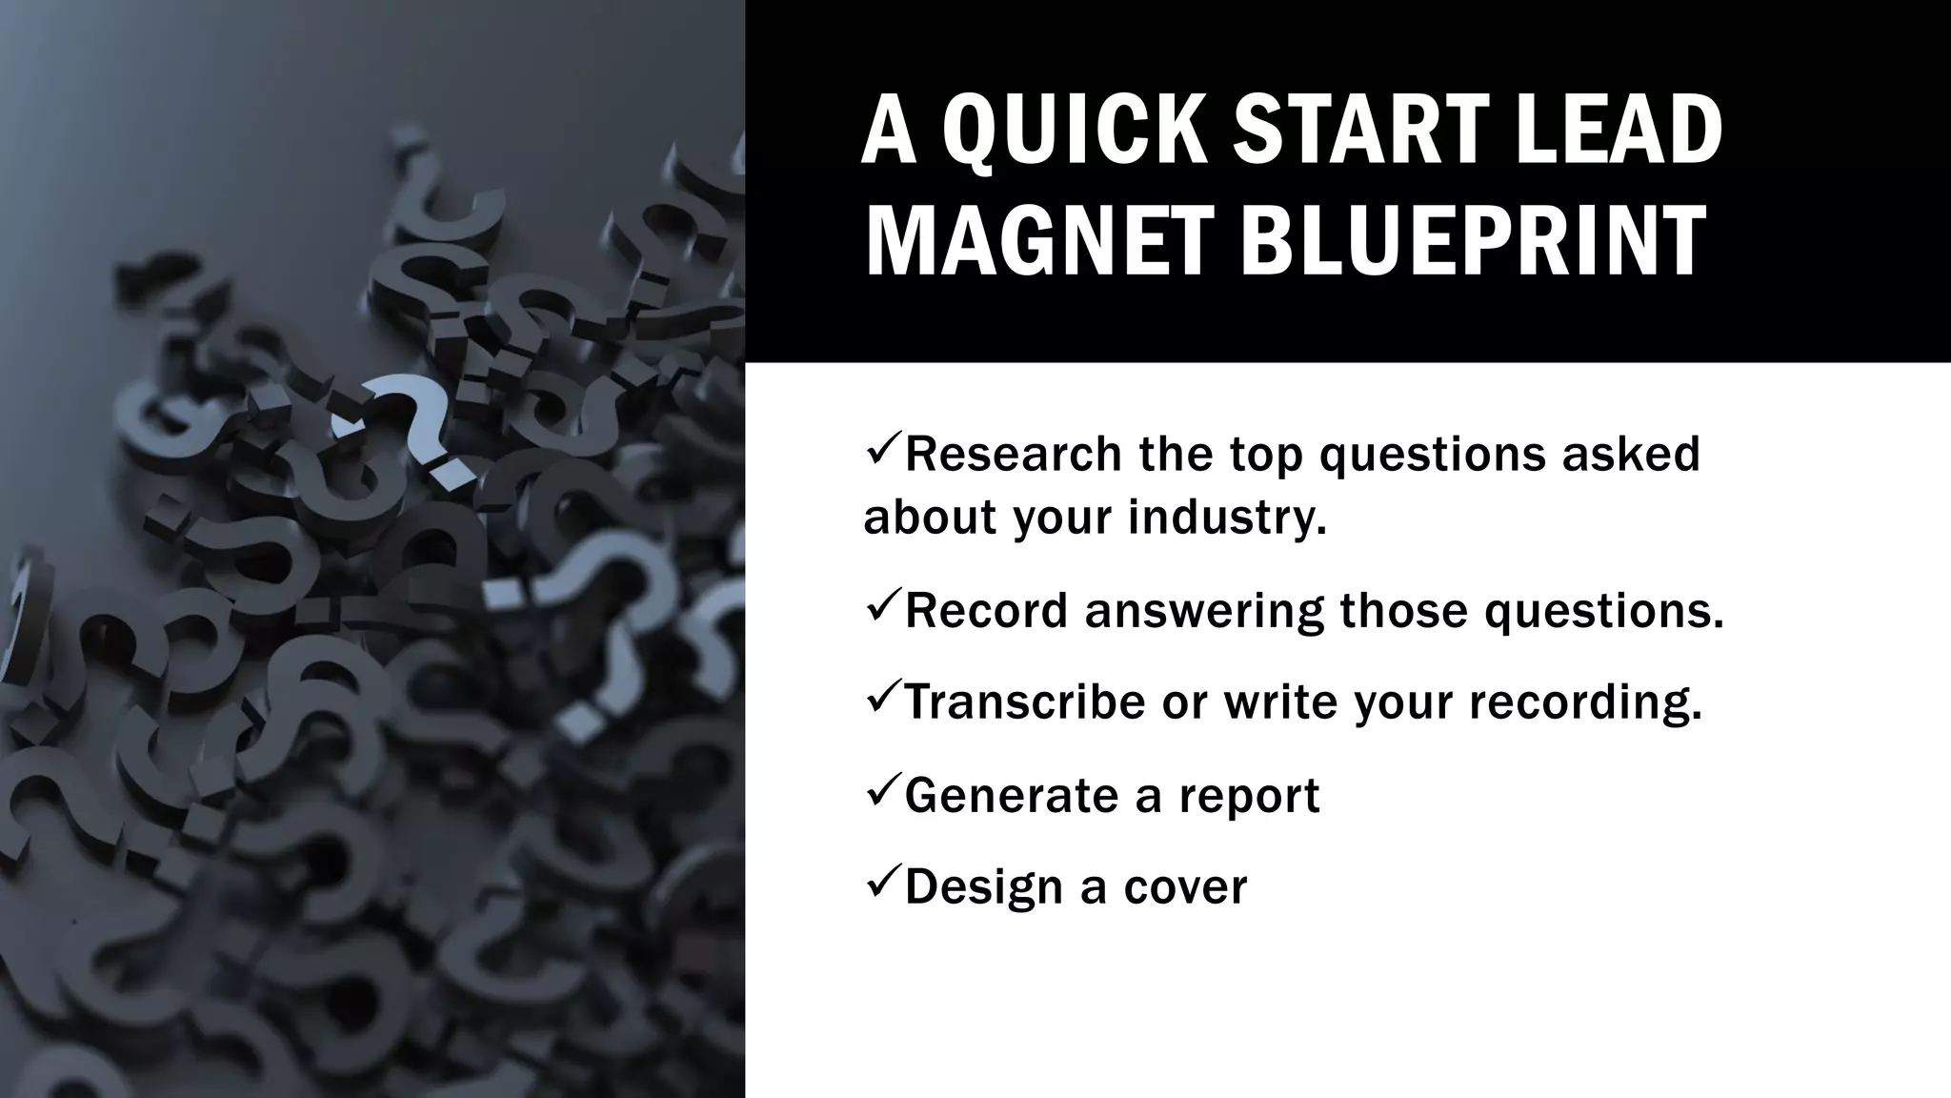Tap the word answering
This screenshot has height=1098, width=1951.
click(1204, 612)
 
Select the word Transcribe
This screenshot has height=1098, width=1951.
click(1024, 701)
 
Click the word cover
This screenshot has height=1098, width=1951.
click(1185, 887)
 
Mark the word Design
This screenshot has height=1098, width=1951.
click(984, 887)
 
